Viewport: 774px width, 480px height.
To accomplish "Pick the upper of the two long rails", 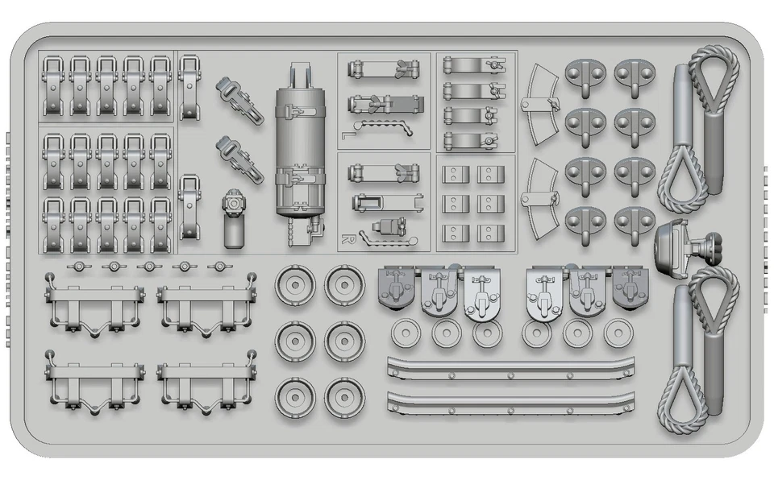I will pos(510,368).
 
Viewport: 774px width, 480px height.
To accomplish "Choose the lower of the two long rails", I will pos(510,403).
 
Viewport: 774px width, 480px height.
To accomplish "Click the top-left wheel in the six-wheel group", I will pos(293,284).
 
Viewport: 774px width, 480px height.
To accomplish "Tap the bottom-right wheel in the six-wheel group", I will pos(345,397).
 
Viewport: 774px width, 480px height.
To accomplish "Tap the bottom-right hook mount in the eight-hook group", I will pos(634,221).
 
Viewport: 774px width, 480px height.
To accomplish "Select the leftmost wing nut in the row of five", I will pos(78,267).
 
